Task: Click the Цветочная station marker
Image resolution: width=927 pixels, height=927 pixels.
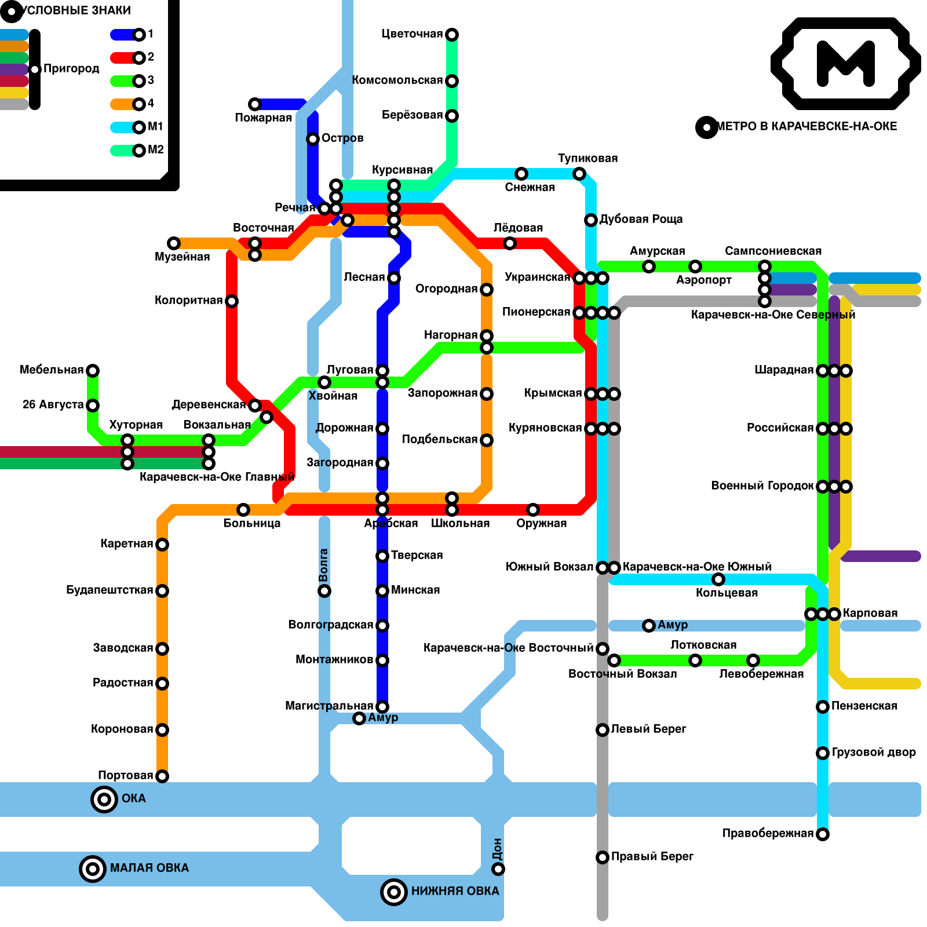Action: pos(452,35)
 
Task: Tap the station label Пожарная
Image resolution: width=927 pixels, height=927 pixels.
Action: pos(263,118)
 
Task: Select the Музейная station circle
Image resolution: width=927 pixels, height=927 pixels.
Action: pos(174,243)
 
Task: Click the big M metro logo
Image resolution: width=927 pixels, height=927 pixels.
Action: pos(845,63)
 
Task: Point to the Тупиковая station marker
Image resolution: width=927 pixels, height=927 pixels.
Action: pos(579,174)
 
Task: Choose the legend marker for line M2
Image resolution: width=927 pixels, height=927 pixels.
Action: pos(139,151)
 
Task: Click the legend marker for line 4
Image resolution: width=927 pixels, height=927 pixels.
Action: pos(139,104)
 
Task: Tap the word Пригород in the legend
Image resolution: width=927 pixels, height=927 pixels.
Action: pos(71,68)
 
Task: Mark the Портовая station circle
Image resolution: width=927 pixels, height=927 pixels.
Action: pos(162,776)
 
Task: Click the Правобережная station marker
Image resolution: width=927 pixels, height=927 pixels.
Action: pos(823,834)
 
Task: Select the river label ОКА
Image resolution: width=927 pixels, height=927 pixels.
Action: pos(133,798)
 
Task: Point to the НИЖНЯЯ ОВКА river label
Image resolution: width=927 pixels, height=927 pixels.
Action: pos(455,891)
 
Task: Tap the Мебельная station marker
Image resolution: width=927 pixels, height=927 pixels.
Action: pos(93,371)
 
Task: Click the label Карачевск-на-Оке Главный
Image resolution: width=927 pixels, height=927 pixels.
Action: pos(217,477)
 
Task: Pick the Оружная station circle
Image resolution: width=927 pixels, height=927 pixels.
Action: pos(533,510)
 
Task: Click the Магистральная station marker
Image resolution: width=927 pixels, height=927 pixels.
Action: pos(382,707)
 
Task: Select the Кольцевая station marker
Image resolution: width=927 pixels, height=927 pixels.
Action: pos(718,579)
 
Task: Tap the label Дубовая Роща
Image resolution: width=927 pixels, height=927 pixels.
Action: pos(641,219)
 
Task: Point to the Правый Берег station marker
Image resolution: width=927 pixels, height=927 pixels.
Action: pos(603,857)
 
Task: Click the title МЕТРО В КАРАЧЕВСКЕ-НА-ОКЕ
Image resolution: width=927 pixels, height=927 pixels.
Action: pos(806,126)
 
